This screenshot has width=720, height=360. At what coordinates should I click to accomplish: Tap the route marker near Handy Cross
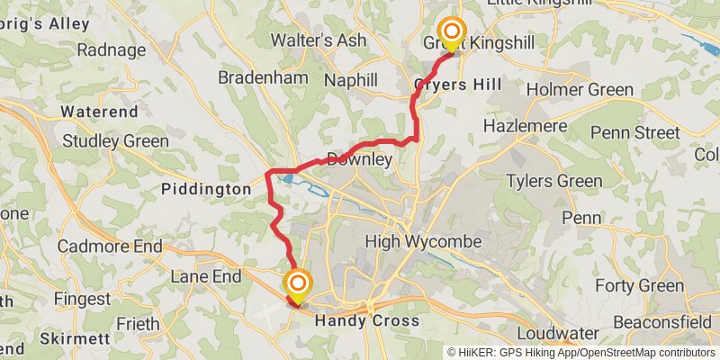pos(297,285)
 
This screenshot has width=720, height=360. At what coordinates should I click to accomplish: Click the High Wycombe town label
pos(423,242)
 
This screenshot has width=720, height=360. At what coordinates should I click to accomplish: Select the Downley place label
pos(359,160)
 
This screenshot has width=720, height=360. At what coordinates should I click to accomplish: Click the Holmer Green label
pos(580,89)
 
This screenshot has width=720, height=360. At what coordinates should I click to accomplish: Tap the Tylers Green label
pos(553,181)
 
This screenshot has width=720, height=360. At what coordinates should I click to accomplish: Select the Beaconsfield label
pos(667,321)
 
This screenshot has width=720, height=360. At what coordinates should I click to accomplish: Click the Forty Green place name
pos(640,286)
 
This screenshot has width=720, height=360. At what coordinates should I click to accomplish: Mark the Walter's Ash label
pos(319,40)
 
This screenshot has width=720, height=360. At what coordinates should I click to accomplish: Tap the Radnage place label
pos(111,49)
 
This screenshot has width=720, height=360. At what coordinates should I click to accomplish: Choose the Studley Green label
pos(115,141)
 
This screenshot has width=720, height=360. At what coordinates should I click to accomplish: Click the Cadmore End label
pos(109,246)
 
